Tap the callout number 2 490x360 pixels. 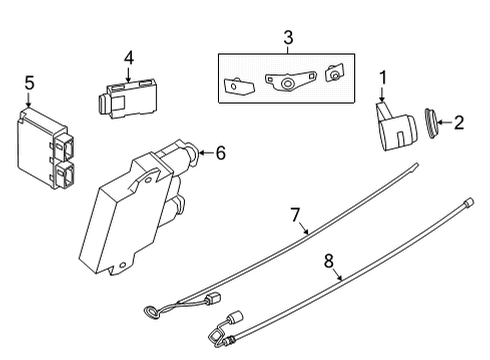pos(460,123)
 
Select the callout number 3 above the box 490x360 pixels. pos(288,37)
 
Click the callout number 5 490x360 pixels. pos(30,83)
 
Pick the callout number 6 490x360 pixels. pos(220,152)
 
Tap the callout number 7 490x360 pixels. pos(296,214)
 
